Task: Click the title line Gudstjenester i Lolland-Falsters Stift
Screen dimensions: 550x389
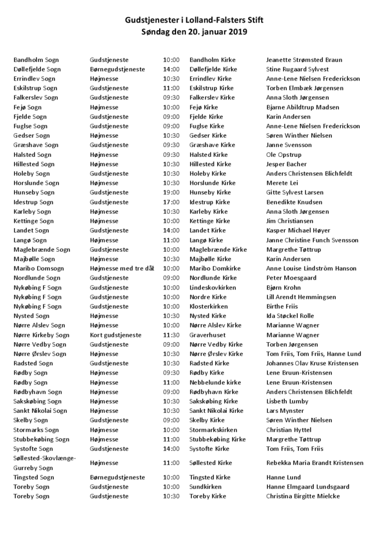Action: point(194,20)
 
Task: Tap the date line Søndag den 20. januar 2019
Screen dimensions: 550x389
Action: point(194,32)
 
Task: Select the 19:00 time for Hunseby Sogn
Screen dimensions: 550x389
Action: point(171,192)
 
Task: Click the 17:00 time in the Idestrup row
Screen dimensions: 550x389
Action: point(171,202)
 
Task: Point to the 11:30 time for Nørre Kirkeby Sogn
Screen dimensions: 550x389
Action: point(171,335)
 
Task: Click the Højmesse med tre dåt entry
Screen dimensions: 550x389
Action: point(122,269)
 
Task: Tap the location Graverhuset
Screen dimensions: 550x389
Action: point(208,335)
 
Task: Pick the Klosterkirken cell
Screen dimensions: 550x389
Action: point(208,306)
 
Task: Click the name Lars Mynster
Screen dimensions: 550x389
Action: point(285,410)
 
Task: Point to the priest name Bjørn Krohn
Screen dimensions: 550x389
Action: point(283,287)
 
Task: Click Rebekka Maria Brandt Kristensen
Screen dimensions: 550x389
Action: point(314,463)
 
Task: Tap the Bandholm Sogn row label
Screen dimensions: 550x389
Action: point(36,60)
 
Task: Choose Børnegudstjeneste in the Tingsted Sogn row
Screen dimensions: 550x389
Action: point(118,477)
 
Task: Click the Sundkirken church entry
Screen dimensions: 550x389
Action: point(205,487)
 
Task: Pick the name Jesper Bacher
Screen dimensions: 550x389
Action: point(286,164)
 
